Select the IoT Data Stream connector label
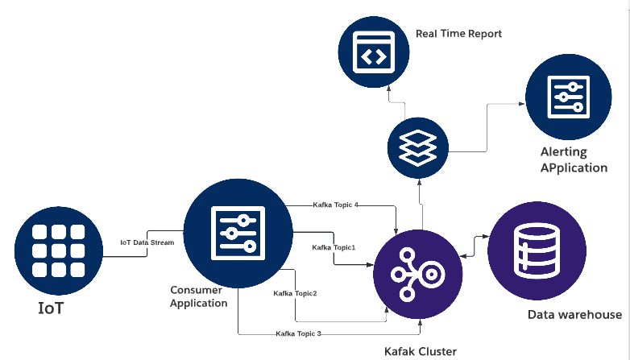click(147, 242)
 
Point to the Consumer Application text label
click(199, 296)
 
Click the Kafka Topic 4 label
click(335, 205)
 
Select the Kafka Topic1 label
click(334, 246)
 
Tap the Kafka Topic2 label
click(295, 293)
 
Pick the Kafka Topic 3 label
click(298, 333)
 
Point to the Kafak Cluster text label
click(420, 351)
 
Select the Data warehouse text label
click(574, 315)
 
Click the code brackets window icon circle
click(371, 53)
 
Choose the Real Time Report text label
click(458, 34)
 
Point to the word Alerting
click(564, 151)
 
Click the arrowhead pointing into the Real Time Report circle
click(388, 89)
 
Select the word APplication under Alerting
click(574, 168)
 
